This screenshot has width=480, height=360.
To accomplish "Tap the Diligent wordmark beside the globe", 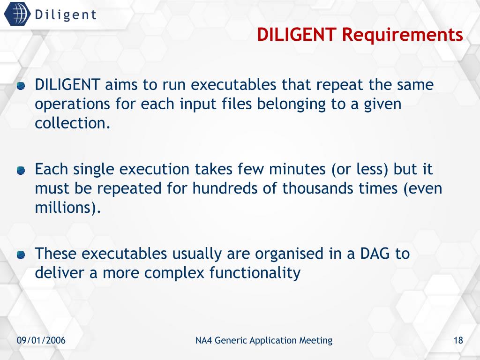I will (x=65, y=15).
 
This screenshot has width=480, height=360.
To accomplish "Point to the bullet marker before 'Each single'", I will (x=21, y=171).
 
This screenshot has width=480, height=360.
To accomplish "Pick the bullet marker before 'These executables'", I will (x=21, y=255).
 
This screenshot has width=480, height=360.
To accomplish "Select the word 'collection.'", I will (x=73, y=123).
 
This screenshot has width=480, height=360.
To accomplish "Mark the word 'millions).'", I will (x=68, y=208).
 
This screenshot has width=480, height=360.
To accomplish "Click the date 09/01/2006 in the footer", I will (x=41, y=341).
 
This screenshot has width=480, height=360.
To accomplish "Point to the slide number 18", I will (x=458, y=341).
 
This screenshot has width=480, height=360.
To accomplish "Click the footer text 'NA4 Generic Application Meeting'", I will (x=263, y=341).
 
